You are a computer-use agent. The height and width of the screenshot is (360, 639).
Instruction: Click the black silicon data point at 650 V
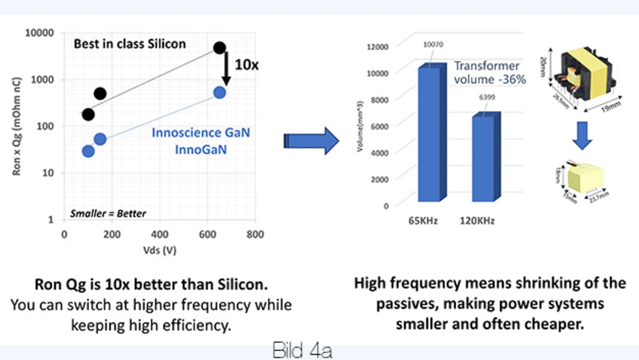click(220, 48)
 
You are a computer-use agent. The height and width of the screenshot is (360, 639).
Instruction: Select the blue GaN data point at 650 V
click(220, 92)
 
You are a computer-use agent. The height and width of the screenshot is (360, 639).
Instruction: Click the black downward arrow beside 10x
click(226, 67)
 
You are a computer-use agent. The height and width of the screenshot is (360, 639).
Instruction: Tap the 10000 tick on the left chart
click(42, 33)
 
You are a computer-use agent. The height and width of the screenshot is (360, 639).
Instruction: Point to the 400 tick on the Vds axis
click(160, 235)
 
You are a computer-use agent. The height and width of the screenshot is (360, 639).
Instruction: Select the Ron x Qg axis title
click(16, 130)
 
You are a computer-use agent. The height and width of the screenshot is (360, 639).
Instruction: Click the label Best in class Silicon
click(130, 44)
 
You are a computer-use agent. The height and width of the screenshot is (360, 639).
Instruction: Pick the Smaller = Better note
click(108, 214)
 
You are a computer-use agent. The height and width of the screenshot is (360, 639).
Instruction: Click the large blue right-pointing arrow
click(312, 141)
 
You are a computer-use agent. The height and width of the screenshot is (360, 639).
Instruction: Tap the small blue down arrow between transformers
click(582, 138)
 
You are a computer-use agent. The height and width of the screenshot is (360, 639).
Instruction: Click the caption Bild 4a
click(303, 351)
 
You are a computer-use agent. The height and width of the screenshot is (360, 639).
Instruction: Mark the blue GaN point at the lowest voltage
click(88, 151)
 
